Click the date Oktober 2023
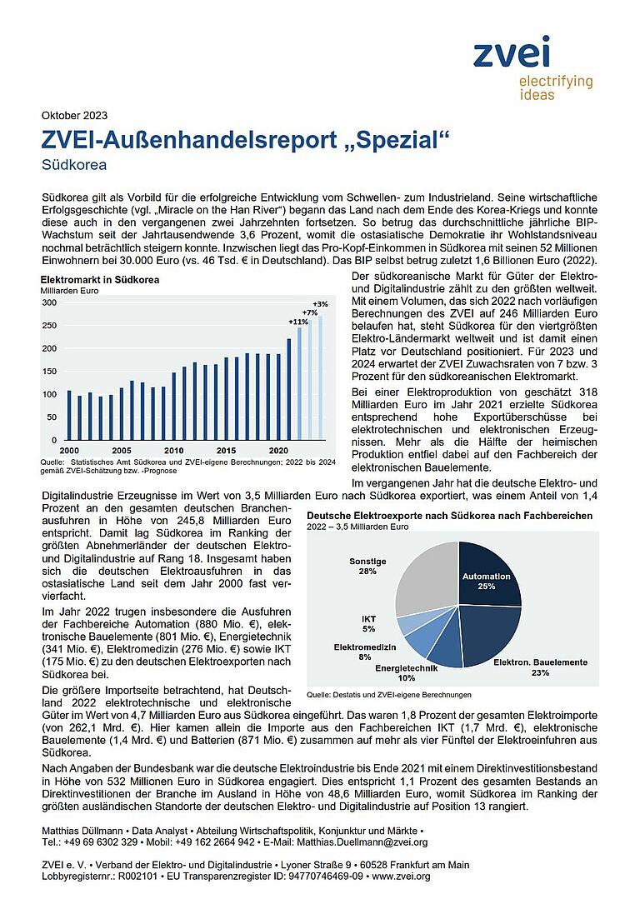point(74,115)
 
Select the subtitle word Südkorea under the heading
point(74,164)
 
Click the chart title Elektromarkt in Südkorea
point(100,280)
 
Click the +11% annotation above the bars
point(298,322)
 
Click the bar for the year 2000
point(69,415)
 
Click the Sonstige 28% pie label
point(367,567)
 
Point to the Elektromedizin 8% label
point(365,652)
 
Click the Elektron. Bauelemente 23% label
point(540,667)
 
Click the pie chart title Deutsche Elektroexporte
point(449,516)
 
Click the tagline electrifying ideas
point(555,87)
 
